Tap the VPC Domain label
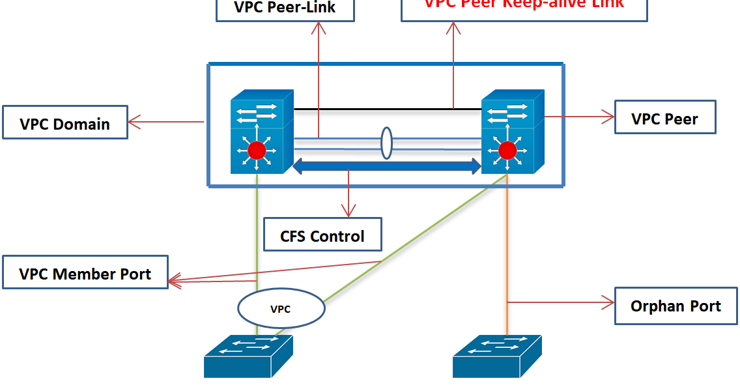click(64, 124)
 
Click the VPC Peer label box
click(664, 119)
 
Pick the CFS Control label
click(322, 235)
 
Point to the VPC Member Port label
click(85, 273)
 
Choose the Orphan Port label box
click(675, 306)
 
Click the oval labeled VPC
click(281, 309)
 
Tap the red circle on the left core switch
click(257, 151)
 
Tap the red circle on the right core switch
click(507, 151)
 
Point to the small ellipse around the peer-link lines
click(386, 143)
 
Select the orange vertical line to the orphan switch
click(507, 261)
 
